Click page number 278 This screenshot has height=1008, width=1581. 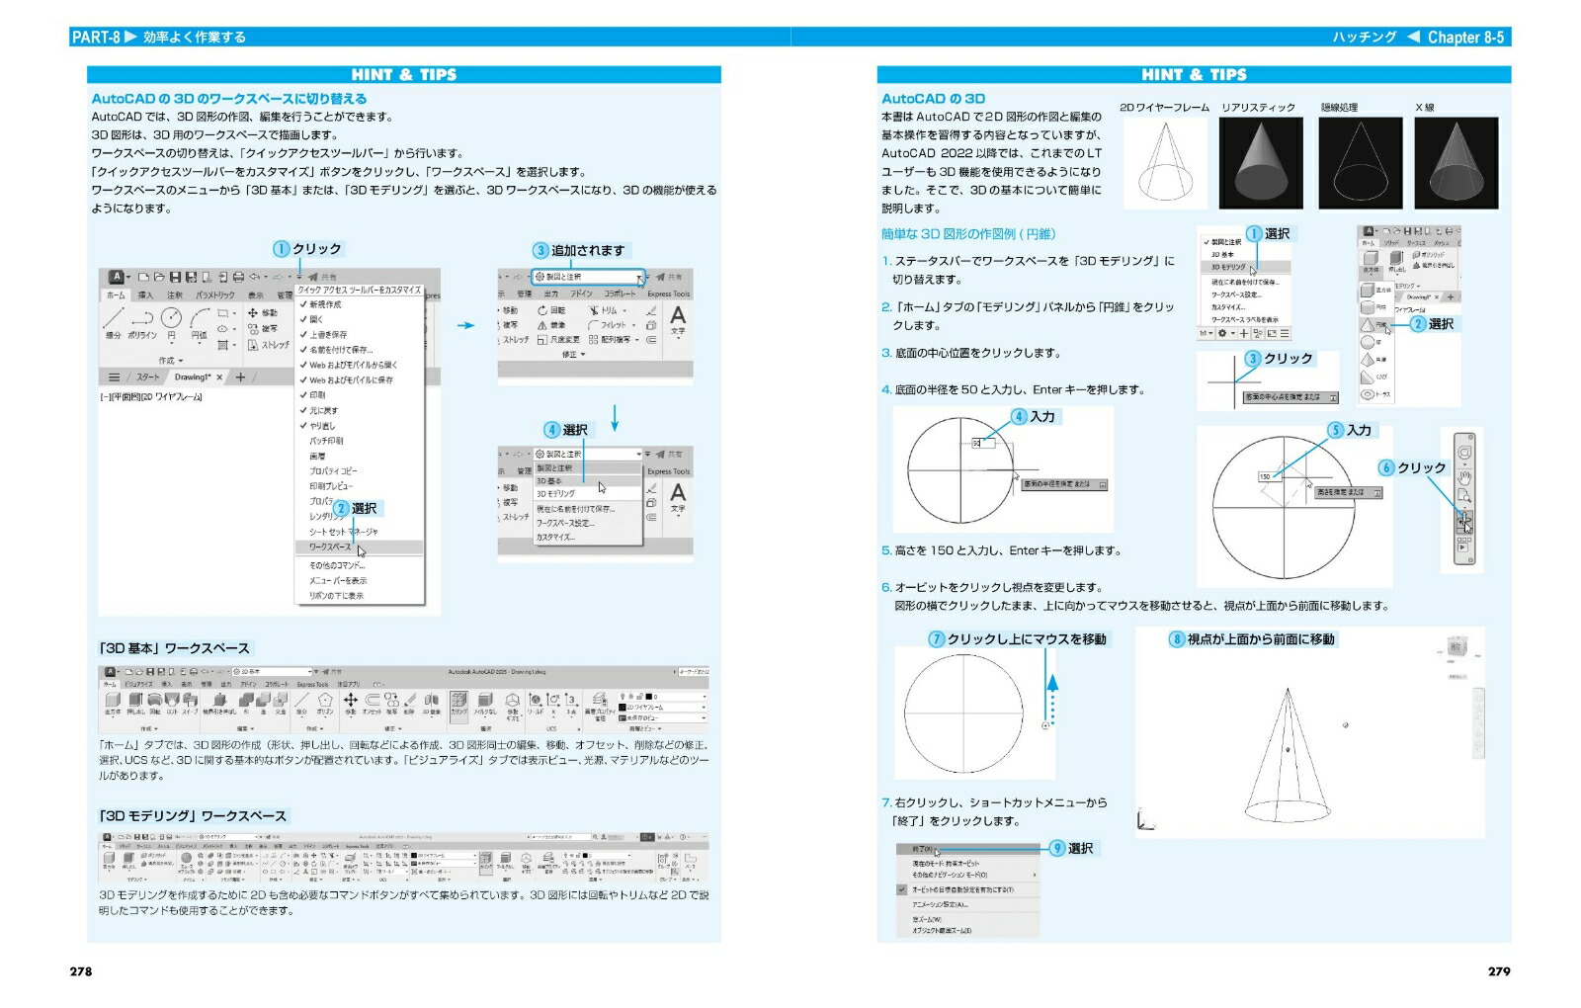(x=81, y=971)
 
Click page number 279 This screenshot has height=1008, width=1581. (x=1499, y=971)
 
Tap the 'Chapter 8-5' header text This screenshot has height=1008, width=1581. (x=1465, y=38)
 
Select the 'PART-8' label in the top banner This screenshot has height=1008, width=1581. (x=96, y=38)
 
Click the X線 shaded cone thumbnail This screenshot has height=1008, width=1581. (x=1456, y=162)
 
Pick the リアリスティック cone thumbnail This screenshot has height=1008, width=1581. (x=1260, y=162)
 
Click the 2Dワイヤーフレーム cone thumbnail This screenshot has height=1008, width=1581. (x=1164, y=162)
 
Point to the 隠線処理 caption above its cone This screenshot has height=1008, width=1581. (x=1339, y=107)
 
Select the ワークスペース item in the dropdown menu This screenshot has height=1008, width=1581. (x=330, y=546)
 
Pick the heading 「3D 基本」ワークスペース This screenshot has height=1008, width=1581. (x=174, y=648)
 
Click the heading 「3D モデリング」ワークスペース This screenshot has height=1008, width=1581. (x=192, y=815)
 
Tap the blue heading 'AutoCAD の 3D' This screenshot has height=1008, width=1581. (x=933, y=99)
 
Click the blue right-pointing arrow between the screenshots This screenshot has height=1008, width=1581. (x=465, y=325)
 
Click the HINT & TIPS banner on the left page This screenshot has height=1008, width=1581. (x=403, y=74)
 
